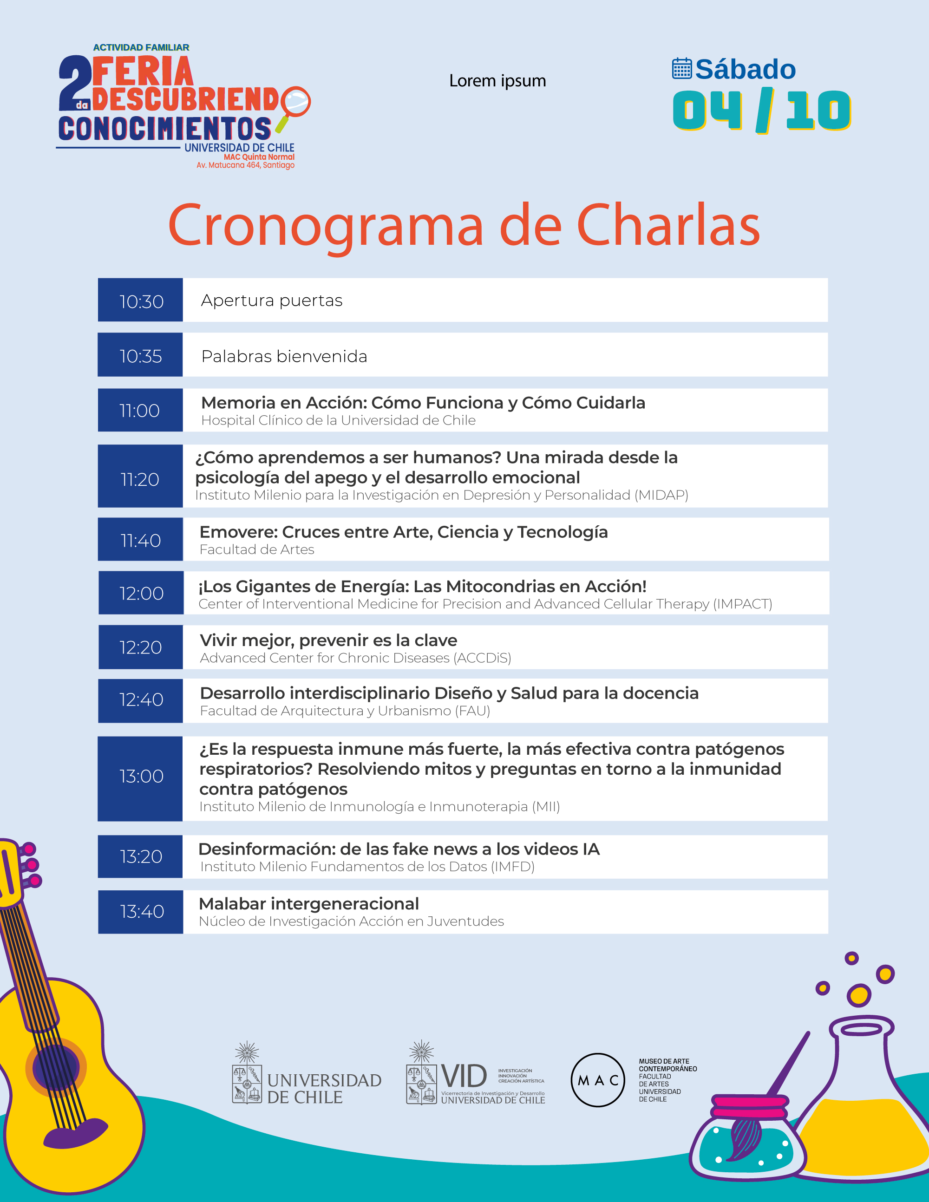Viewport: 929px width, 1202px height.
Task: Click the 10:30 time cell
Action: (140, 300)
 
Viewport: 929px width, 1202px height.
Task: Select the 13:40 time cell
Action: (140, 911)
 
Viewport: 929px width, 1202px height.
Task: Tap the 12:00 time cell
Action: (141, 593)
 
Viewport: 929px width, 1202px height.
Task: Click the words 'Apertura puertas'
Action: (271, 300)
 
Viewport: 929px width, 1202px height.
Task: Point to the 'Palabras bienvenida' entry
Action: (284, 356)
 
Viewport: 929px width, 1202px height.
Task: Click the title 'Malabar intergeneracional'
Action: (308, 904)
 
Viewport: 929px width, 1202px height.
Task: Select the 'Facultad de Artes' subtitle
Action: (256, 550)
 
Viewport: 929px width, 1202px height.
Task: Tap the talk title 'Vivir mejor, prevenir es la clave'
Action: (328, 640)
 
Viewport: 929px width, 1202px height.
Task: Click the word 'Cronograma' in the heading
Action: (325, 226)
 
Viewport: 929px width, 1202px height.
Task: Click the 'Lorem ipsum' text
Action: (497, 81)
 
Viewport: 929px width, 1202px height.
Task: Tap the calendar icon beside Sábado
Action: (681, 69)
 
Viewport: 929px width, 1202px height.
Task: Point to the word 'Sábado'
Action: (745, 69)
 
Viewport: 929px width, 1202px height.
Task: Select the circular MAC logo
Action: (598, 1080)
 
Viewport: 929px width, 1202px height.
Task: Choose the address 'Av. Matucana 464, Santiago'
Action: (245, 165)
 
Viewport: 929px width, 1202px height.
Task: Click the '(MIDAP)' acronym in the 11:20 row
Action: (661, 495)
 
